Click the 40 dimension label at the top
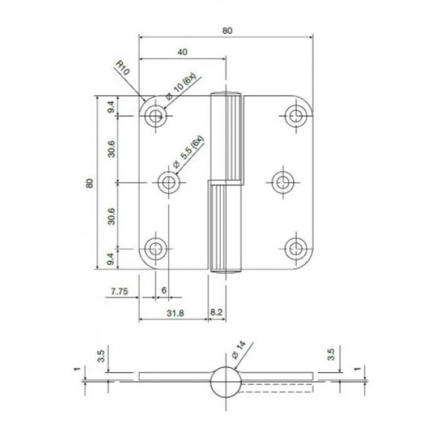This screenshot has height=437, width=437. pos(182,53)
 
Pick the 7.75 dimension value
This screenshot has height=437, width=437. pos(119,291)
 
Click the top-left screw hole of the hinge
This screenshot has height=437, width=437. pos(154,115)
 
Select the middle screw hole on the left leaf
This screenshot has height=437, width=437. pos(168,182)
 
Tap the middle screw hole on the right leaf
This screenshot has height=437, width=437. pos(283,182)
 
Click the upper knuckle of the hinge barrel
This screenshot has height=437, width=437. pos(226,137)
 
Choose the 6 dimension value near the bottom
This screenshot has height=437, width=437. pos(164,291)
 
